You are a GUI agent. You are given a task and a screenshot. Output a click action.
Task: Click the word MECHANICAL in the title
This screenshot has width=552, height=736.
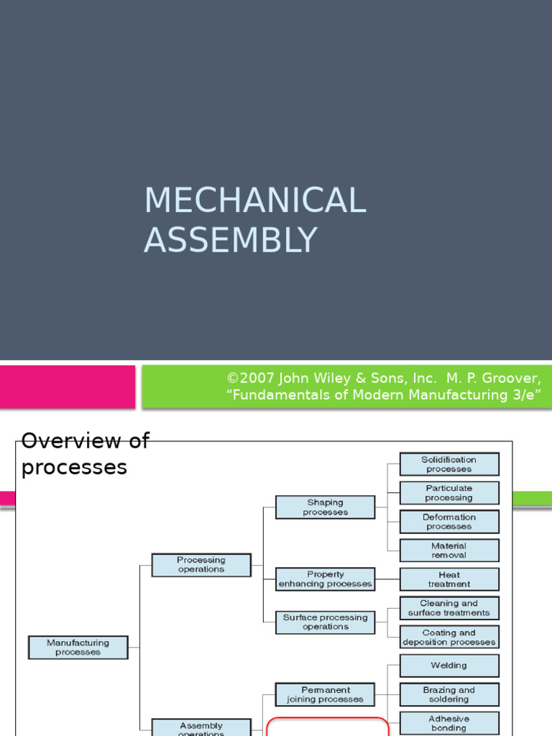[x=255, y=201]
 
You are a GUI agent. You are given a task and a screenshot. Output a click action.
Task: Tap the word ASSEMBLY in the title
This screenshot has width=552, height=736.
[x=230, y=240]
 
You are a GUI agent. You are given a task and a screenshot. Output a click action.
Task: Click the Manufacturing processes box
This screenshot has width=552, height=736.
[x=78, y=648]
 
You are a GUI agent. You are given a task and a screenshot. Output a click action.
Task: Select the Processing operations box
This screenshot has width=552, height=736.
[x=201, y=565]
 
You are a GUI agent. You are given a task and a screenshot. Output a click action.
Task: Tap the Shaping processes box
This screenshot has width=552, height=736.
[x=325, y=507]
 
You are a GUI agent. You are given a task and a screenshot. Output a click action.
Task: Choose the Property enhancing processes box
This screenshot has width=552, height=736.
[x=325, y=579]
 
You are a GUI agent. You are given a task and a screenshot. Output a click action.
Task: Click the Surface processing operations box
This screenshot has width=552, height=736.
[x=325, y=622]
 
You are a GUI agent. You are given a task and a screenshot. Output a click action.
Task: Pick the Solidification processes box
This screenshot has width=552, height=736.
[x=449, y=464]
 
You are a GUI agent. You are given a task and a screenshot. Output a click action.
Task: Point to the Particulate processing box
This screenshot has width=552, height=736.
[x=449, y=493]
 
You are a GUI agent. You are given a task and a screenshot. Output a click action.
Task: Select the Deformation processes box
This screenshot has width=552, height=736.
[x=449, y=522]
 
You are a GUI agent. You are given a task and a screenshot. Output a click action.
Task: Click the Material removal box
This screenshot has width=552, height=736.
[x=449, y=551]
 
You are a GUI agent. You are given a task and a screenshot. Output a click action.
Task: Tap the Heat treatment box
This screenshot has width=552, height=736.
[x=449, y=579]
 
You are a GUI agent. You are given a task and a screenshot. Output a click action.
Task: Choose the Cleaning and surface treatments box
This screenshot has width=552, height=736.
[x=449, y=608]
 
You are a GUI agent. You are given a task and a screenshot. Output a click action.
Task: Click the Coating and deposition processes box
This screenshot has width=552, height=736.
[x=449, y=637]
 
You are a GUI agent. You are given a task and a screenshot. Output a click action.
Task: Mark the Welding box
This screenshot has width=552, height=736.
[x=449, y=666]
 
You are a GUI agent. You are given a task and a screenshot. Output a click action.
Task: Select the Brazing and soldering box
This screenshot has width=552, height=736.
[x=449, y=694]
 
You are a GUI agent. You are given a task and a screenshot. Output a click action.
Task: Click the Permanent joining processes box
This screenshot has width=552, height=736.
[x=325, y=694]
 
